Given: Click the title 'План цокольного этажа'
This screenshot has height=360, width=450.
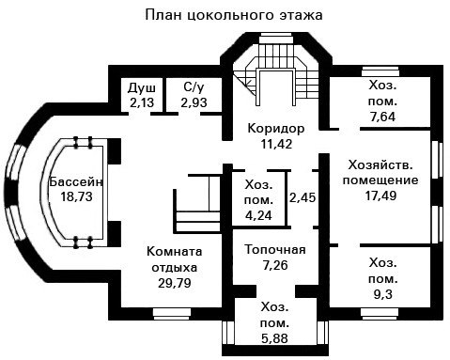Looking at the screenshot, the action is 234,15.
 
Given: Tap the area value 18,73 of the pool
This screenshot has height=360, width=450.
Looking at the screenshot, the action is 76,196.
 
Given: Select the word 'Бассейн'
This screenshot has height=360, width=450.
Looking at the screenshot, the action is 76,181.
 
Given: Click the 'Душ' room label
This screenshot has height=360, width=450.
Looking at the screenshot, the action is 142,88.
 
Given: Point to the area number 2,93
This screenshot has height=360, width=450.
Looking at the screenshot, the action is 194,102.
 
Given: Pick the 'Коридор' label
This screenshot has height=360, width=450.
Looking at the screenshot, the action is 276,129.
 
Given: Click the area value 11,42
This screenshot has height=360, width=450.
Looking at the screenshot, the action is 276,144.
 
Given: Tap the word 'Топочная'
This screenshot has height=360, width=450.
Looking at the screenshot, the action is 275,250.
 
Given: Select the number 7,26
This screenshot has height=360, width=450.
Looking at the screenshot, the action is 275,265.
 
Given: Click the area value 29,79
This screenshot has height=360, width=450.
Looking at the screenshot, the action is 175,283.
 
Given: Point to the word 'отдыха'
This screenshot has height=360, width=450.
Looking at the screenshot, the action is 175,268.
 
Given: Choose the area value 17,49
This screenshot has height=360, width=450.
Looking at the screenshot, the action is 380,196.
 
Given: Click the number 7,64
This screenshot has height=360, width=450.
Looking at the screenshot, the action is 382,117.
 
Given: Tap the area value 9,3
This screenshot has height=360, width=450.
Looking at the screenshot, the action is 383,294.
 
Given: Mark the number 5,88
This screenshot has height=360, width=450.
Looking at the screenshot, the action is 274,338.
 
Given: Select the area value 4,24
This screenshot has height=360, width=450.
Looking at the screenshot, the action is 258,215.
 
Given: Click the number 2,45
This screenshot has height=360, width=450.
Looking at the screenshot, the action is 303,197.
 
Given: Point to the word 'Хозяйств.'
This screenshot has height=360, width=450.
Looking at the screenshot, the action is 380,164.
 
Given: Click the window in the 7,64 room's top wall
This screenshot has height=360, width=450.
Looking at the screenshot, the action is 380,71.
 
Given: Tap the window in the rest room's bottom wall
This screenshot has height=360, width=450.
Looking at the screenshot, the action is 172,312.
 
